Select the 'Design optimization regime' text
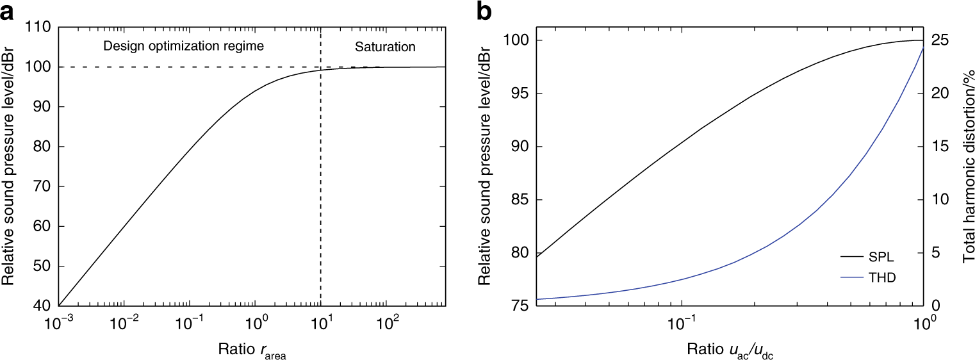click(x=175, y=47)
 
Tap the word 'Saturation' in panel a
click(x=386, y=47)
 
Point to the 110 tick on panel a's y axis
click(x=39, y=28)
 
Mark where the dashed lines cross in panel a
click(x=320, y=67)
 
